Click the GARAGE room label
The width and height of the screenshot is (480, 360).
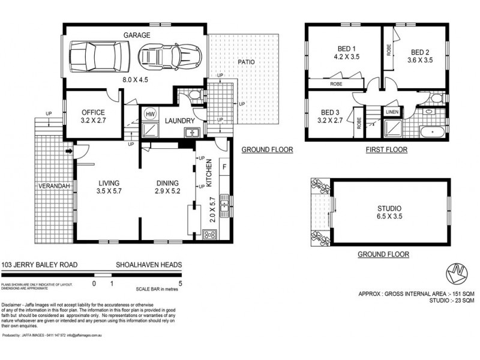pyautogui.click(x=137, y=35)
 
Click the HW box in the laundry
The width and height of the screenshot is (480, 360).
pyautogui.click(x=150, y=113)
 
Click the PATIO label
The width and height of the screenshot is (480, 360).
pyautogui.click(x=247, y=62)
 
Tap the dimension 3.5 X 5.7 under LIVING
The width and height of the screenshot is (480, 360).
pyautogui.click(x=109, y=192)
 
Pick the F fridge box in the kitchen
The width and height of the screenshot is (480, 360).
pyautogui.click(x=225, y=166)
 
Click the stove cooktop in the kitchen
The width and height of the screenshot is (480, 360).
pyautogui.click(x=211, y=235)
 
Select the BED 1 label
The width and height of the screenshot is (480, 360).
pyautogui.click(x=346, y=50)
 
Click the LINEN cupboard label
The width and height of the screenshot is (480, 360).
pyautogui.click(x=391, y=112)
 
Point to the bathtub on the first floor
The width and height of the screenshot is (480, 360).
pyautogui.click(x=431, y=132)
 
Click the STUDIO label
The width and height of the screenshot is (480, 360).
pyautogui.click(x=389, y=209)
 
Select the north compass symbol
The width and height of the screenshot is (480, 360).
pyautogui.click(x=458, y=274)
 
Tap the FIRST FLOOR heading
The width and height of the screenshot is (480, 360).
pyautogui.click(x=386, y=150)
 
